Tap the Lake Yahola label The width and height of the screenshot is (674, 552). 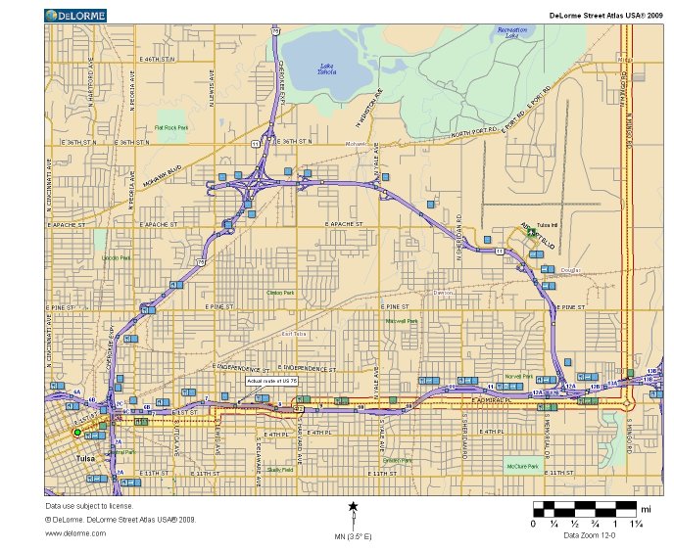pyautogui.click(x=327, y=69)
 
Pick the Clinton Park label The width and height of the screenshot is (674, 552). pyautogui.click(x=280, y=292)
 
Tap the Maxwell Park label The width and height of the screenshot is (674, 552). pyautogui.click(x=402, y=321)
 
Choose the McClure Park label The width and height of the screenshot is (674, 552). pyautogui.click(x=521, y=465)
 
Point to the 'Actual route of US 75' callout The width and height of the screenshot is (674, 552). pyautogui.click(x=270, y=380)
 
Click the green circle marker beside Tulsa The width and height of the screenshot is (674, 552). pyautogui.click(x=76, y=432)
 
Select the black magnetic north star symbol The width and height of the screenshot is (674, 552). pyautogui.click(x=353, y=506)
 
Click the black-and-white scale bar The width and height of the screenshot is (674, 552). pyautogui.click(x=585, y=509)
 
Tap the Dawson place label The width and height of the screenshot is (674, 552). pyautogui.click(x=444, y=292)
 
